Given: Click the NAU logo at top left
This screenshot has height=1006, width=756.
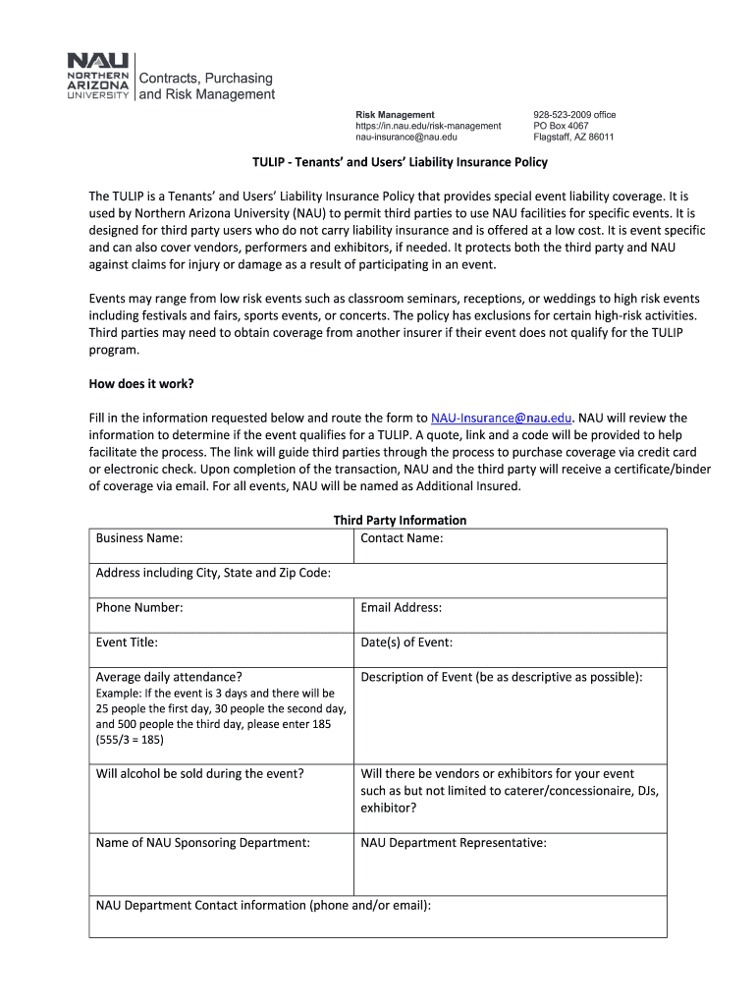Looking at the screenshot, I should [x=97, y=77].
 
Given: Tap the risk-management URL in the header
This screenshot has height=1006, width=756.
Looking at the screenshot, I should [x=428, y=126].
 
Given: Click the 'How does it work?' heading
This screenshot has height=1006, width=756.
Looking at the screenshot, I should [x=147, y=383].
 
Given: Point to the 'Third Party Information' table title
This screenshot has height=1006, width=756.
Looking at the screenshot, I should [x=400, y=520].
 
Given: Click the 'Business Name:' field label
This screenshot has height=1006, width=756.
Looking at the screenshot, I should [x=139, y=538].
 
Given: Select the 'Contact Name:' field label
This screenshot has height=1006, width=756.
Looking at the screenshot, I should [x=402, y=538].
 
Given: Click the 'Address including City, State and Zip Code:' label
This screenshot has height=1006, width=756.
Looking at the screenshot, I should [x=213, y=573].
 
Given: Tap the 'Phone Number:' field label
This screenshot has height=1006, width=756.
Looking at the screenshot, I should [x=139, y=608].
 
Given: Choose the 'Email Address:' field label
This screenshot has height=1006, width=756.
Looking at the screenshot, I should [x=402, y=608].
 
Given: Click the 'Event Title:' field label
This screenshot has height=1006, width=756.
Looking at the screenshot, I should [x=127, y=643].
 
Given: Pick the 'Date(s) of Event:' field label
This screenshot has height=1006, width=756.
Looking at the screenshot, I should [x=406, y=643].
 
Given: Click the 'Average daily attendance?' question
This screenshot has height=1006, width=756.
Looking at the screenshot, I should [x=169, y=677].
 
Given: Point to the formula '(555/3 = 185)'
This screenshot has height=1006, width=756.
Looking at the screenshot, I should [x=130, y=739].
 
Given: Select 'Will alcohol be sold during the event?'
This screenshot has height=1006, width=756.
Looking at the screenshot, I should [x=200, y=773].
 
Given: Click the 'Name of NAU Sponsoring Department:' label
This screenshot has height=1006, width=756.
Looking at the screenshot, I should [x=203, y=842].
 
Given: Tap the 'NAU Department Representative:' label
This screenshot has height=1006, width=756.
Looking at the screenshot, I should [x=454, y=842].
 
